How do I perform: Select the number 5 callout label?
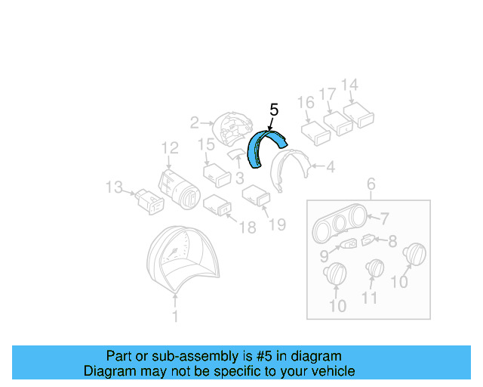(273, 110)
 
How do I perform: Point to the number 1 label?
(175, 317)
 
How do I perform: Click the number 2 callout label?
(194, 122)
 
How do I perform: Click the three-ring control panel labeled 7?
(368, 240)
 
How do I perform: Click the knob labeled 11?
(374, 269)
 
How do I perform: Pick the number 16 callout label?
(305, 103)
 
